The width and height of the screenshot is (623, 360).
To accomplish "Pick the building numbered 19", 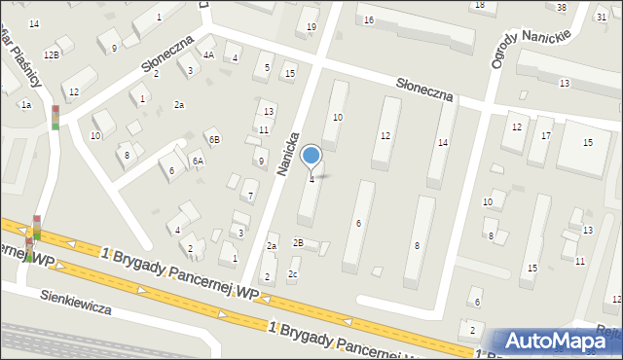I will pyautogui.click(x=311, y=26).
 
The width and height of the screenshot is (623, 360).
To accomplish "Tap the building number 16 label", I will pyautogui.click(x=368, y=19).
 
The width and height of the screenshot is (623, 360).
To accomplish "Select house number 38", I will pyautogui.click(x=562, y=8).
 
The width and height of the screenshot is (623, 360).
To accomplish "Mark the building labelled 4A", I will pyautogui.click(x=208, y=54).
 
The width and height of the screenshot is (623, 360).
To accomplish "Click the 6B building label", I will pyautogui.click(x=212, y=141).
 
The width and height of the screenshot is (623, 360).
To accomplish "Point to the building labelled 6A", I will pyautogui.click(x=198, y=162).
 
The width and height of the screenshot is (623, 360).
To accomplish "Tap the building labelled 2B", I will pyautogui.click(x=299, y=242).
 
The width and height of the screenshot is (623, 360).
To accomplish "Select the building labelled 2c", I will pyautogui.click(x=293, y=274).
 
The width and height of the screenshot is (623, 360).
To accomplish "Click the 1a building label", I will pyautogui.click(x=27, y=104).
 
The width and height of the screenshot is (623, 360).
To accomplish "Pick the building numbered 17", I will pyautogui.click(x=546, y=135).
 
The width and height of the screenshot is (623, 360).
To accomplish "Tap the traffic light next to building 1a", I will pyautogui.click(x=55, y=117).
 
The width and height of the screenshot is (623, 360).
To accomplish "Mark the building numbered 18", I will pyautogui.click(x=478, y=5).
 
